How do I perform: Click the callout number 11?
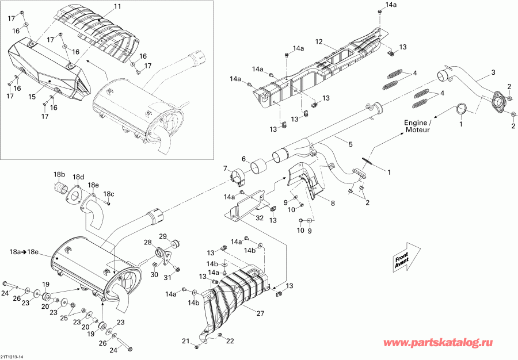point(117,6)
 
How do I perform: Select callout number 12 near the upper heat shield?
point(319,41)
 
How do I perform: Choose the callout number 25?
point(63,317)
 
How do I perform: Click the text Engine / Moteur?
point(417,127)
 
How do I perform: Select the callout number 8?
point(332,203)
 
